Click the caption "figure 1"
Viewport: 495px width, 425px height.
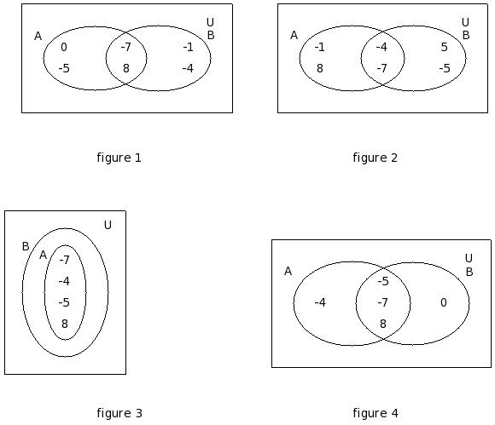point(119,158)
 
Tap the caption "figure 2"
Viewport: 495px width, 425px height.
point(375,158)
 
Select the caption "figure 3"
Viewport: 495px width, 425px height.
point(119,413)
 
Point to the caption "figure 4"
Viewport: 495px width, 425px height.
point(376,413)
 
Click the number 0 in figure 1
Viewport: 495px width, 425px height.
point(64,47)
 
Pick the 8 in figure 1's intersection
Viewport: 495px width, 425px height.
point(126,68)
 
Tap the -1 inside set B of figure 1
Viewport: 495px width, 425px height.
point(188,47)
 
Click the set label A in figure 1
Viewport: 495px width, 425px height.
point(38,37)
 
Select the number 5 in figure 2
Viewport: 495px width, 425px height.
point(444,47)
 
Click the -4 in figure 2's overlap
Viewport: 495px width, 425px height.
point(381,47)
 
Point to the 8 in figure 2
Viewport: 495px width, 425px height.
point(320,68)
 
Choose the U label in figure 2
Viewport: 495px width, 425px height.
point(465,22)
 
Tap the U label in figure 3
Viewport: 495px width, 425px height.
point(108,225)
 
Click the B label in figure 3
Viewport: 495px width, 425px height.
point(26,246)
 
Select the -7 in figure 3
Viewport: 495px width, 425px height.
point(64,260)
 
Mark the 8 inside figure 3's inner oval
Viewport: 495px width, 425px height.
point(65,324)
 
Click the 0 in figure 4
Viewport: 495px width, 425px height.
point(444,302)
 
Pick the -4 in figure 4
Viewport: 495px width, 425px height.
point(320,302)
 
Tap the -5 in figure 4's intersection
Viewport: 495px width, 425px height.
point(383,281)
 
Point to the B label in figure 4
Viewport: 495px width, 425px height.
point(469,272)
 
